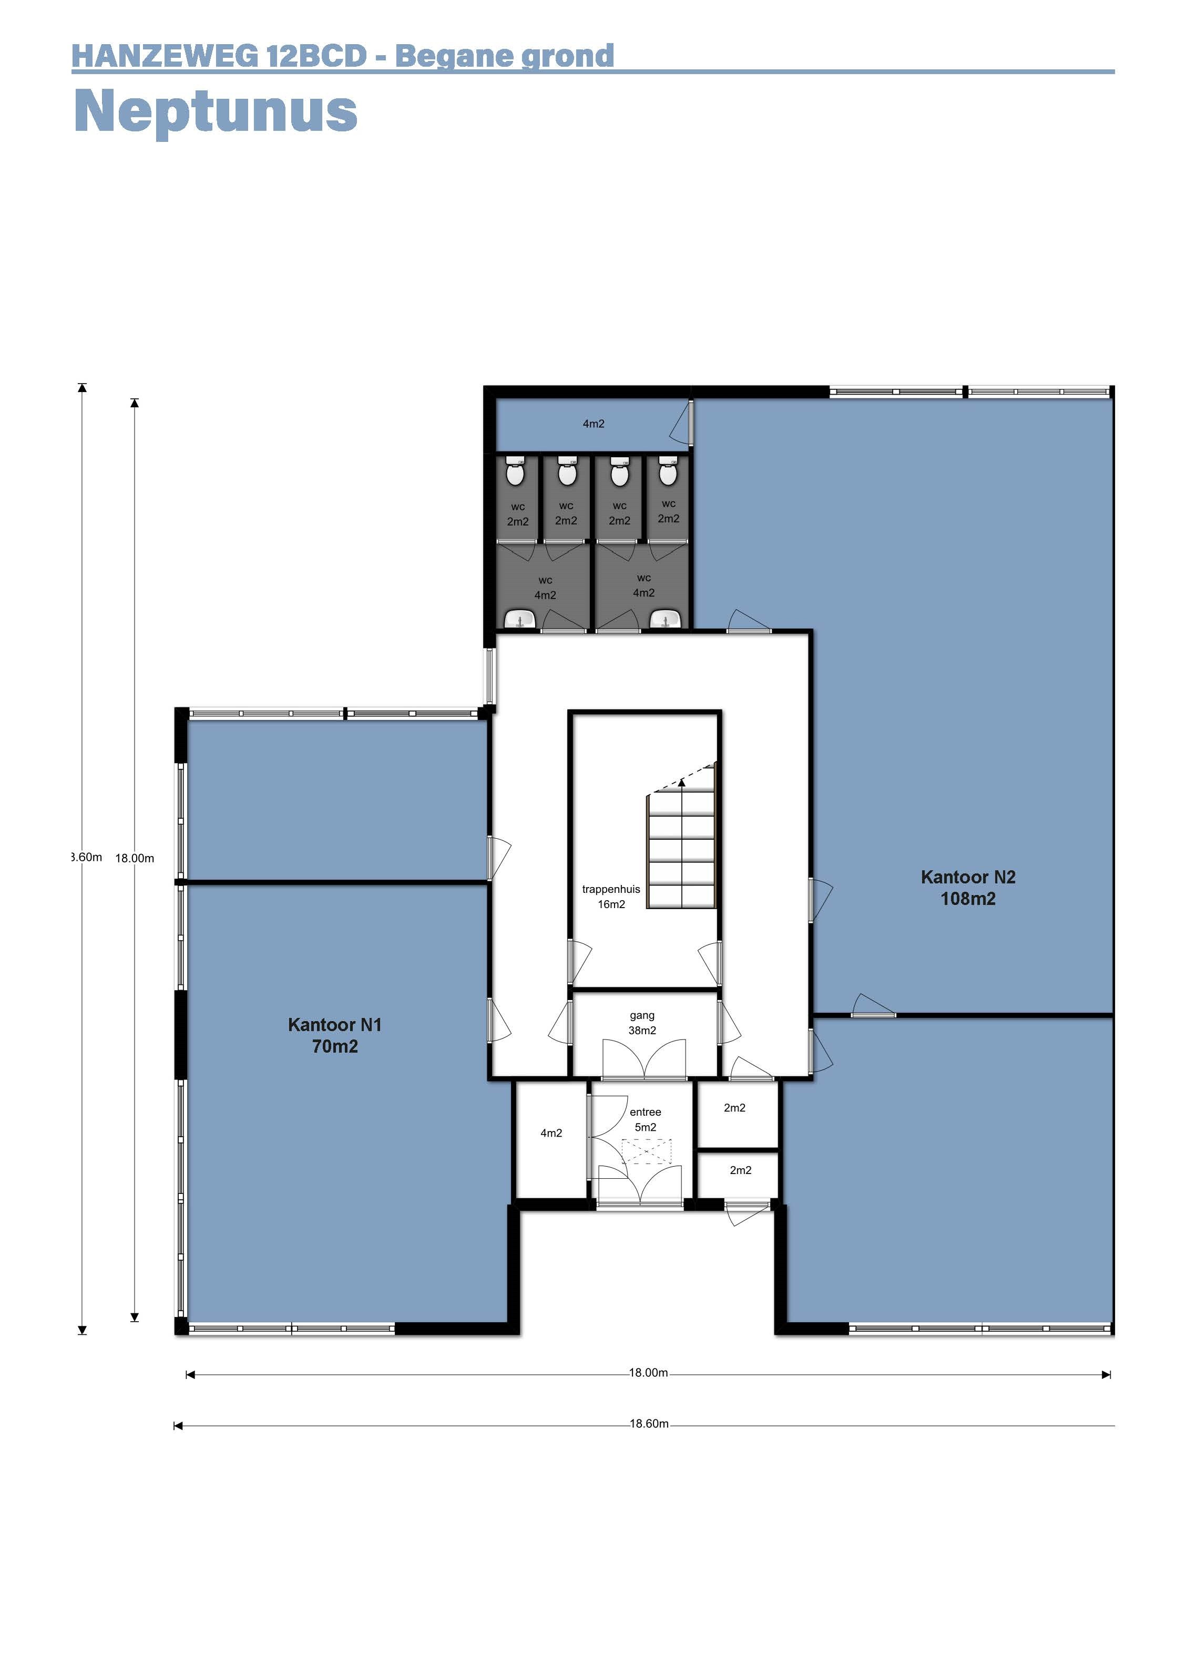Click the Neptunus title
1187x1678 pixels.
click(216, 111)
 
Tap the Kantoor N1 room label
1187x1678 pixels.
click(335, 1035)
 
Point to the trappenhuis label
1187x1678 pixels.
click(611, 889)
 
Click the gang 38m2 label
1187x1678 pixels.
click(642, 1023)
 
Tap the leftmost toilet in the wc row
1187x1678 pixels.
click(515, 472)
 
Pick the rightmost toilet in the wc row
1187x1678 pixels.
click(668, 471)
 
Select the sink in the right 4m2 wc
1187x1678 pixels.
click(665, 619)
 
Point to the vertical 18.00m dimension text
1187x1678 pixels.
click(135, 858)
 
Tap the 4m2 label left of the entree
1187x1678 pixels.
click(551, 1133)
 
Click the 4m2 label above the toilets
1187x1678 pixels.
click(593, 423)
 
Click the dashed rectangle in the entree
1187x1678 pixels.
click(646, 1151)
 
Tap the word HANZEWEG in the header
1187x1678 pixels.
click(165, 56)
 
